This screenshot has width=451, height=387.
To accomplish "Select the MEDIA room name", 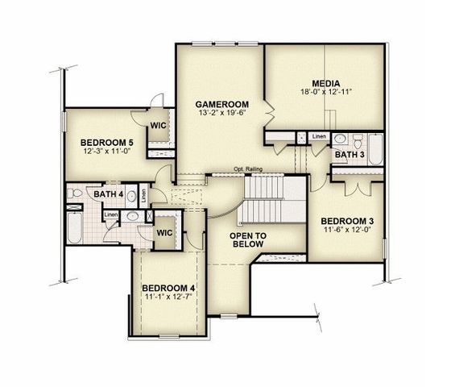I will [327, 83].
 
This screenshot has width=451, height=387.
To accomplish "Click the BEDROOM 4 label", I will [169, 288].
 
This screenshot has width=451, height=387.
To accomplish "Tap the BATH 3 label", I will [350, 154].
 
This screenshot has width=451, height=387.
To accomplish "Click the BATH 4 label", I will [108, 194].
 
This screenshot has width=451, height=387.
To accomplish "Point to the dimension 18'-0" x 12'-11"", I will [327, 94].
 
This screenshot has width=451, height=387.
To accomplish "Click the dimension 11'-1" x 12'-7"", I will [169, 298].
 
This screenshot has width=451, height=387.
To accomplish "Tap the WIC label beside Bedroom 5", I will [158, 125].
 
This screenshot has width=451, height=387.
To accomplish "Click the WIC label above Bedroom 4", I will [164, 232].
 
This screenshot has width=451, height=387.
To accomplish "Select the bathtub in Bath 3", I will [374, 151].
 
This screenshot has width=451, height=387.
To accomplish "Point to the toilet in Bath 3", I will [340, 138].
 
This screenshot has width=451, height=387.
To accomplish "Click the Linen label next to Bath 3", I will [320, 136].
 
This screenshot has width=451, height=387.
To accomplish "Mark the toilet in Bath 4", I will [73, 194].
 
